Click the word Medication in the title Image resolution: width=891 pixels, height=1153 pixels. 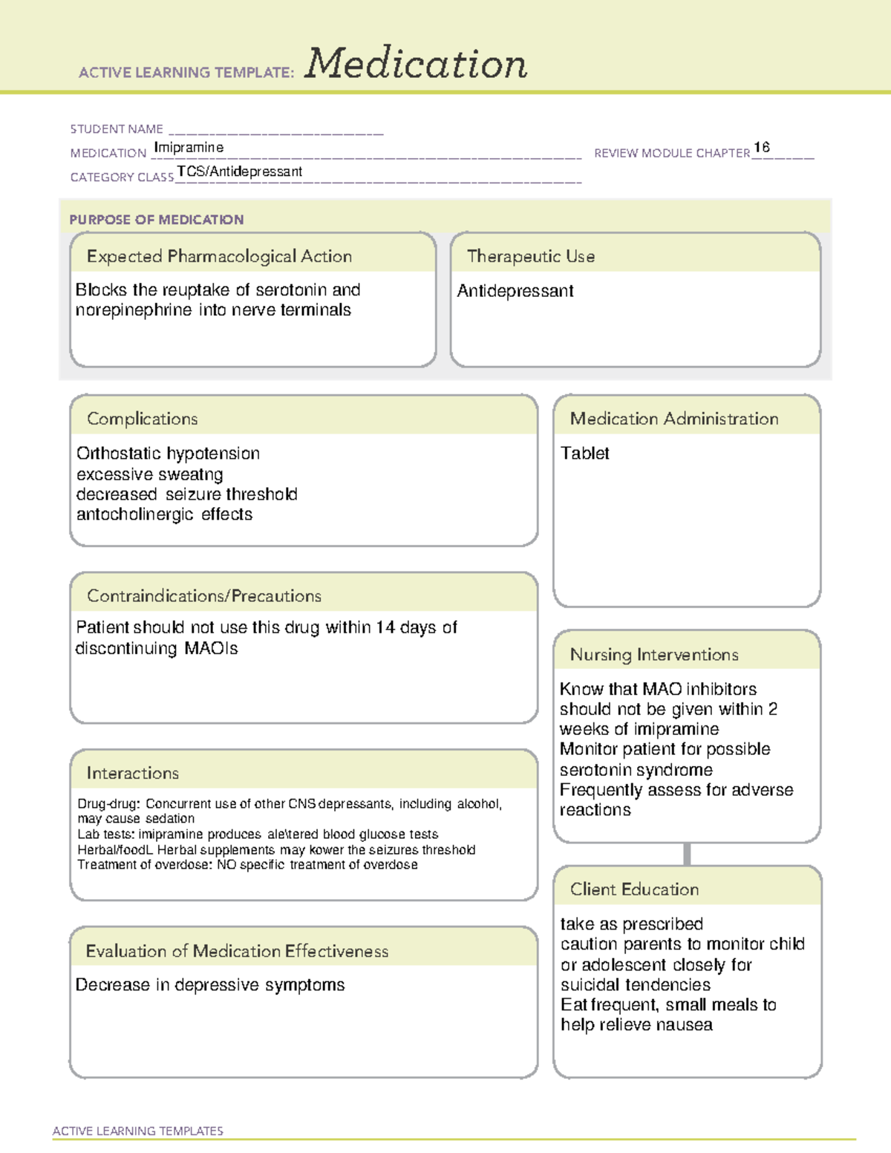(416, 64)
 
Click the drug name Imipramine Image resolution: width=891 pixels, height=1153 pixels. (189, 148)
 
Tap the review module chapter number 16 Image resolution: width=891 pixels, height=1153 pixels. (761, 147)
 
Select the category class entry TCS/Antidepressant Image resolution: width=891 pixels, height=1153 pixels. (239, 172)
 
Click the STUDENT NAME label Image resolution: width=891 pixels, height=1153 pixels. (117, 129)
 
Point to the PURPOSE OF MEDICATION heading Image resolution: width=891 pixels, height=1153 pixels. (156, 220)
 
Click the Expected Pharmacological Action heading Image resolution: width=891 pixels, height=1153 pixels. (219, 256)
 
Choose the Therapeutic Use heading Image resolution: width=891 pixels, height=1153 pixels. (530, 256)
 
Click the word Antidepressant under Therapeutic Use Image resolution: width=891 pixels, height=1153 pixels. (515, 291)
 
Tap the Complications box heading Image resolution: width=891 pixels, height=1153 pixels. (142, 419)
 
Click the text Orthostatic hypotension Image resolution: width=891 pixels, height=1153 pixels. (168, 454)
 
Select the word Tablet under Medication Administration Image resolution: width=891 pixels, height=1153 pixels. (584, 454)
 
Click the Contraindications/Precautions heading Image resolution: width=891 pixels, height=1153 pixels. (203, 596)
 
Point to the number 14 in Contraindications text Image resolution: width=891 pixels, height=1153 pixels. (385, 627)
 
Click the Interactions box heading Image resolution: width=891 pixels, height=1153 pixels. (132, 774)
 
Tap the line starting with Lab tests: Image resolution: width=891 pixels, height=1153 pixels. (258, 834)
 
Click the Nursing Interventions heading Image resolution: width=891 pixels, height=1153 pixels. (653, 655)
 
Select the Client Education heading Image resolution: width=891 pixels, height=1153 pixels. (634, 889)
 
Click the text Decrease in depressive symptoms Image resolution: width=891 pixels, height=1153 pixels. (210, 985)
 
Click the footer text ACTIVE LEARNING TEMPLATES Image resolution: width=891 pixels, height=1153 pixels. (137, 1131)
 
